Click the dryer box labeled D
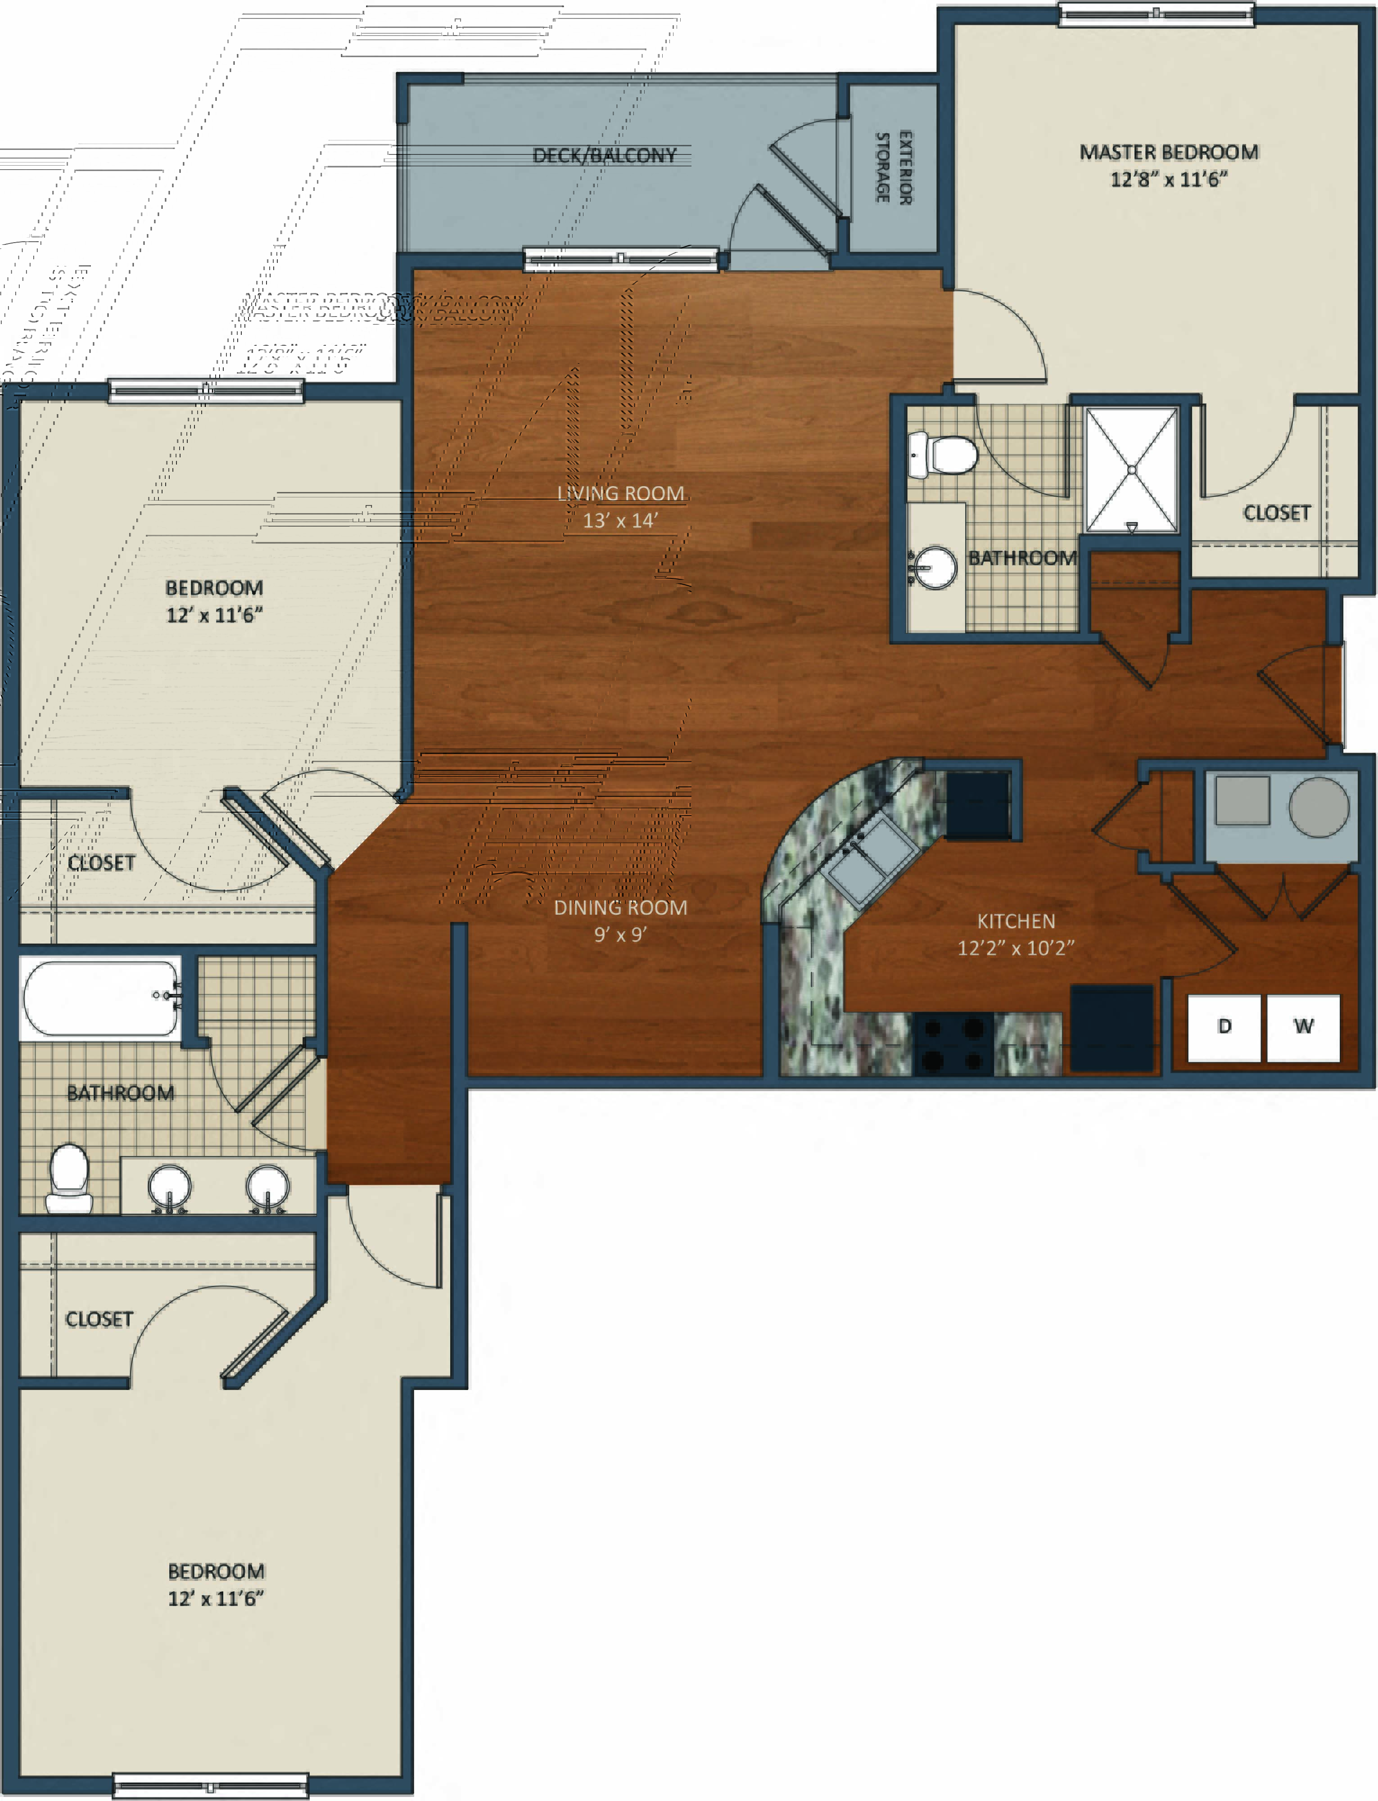click(1224, 1027)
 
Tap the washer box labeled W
click(1302, 1027)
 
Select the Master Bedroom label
click(1168, 153)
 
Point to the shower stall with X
click(1131, 470)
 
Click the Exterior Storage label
click(893, 167)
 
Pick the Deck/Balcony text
click(605, 156)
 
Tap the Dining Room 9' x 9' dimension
click(620, 934)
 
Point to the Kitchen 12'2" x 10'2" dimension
click(1016, 948)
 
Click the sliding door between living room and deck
click(621, 260)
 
